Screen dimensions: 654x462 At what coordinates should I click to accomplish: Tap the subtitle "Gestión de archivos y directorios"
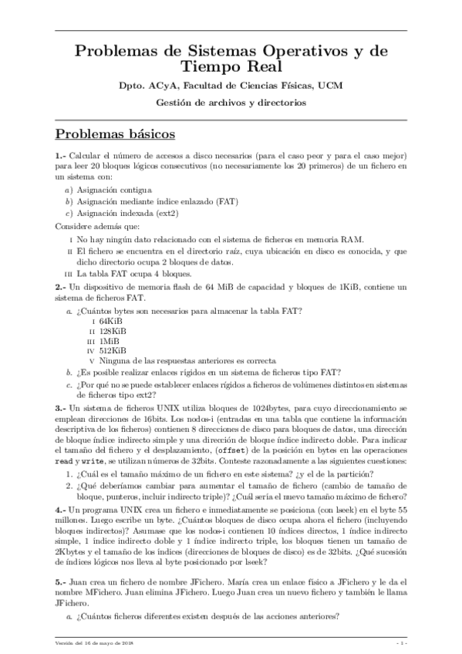click(x=231, y=102)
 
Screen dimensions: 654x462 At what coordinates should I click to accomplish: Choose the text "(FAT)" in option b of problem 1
click(x=226, y=201)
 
